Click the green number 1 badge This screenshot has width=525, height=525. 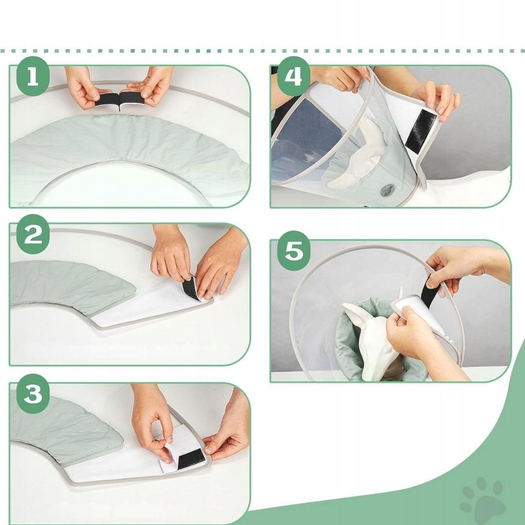[x=33, y=76]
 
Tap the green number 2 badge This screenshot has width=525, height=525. [x=33, y=234]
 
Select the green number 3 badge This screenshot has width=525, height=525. [x=33, y=394]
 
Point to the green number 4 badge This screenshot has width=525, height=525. [x=294, y=76]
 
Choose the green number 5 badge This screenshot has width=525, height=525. [x=294, y=250]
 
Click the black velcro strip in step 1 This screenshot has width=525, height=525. [x=119, y=100]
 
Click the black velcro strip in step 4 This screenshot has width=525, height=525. [x=420, y=131]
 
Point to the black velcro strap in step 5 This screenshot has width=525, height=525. [x=430, y=291]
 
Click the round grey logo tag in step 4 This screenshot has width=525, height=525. [x=387, y=191]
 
